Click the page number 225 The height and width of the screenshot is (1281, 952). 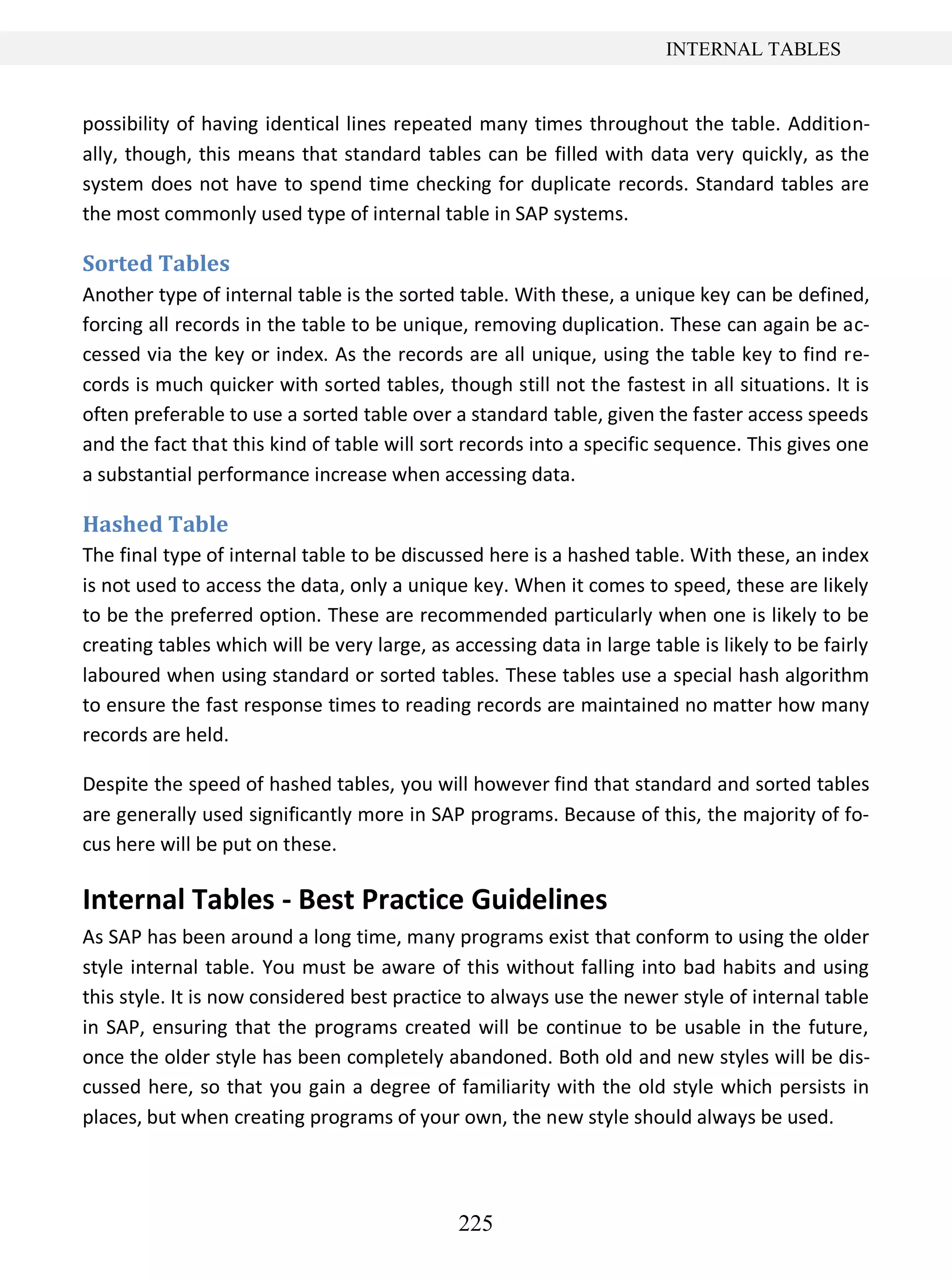tap(476, 1223)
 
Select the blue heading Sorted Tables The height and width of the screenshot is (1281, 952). tap(156, 263)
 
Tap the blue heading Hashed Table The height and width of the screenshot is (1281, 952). tap(156, 524)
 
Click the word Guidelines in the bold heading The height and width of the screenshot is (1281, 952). tap(539, 899)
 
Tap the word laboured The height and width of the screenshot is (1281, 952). tap(121, 675)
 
